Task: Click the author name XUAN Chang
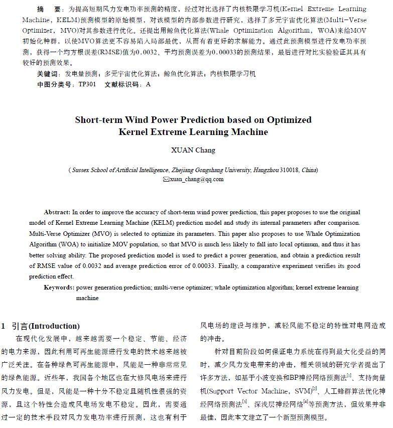(x=193, y=150)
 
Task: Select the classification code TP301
(x=87, y=84)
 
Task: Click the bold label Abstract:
(x=57, y=212)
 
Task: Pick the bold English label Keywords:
(x=59, y=288)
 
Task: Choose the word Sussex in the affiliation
(x=81, y=170)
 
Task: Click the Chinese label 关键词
(x=48, y=74)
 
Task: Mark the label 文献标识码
(x=122, y=84)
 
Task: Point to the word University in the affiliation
(x=235, y=170)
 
